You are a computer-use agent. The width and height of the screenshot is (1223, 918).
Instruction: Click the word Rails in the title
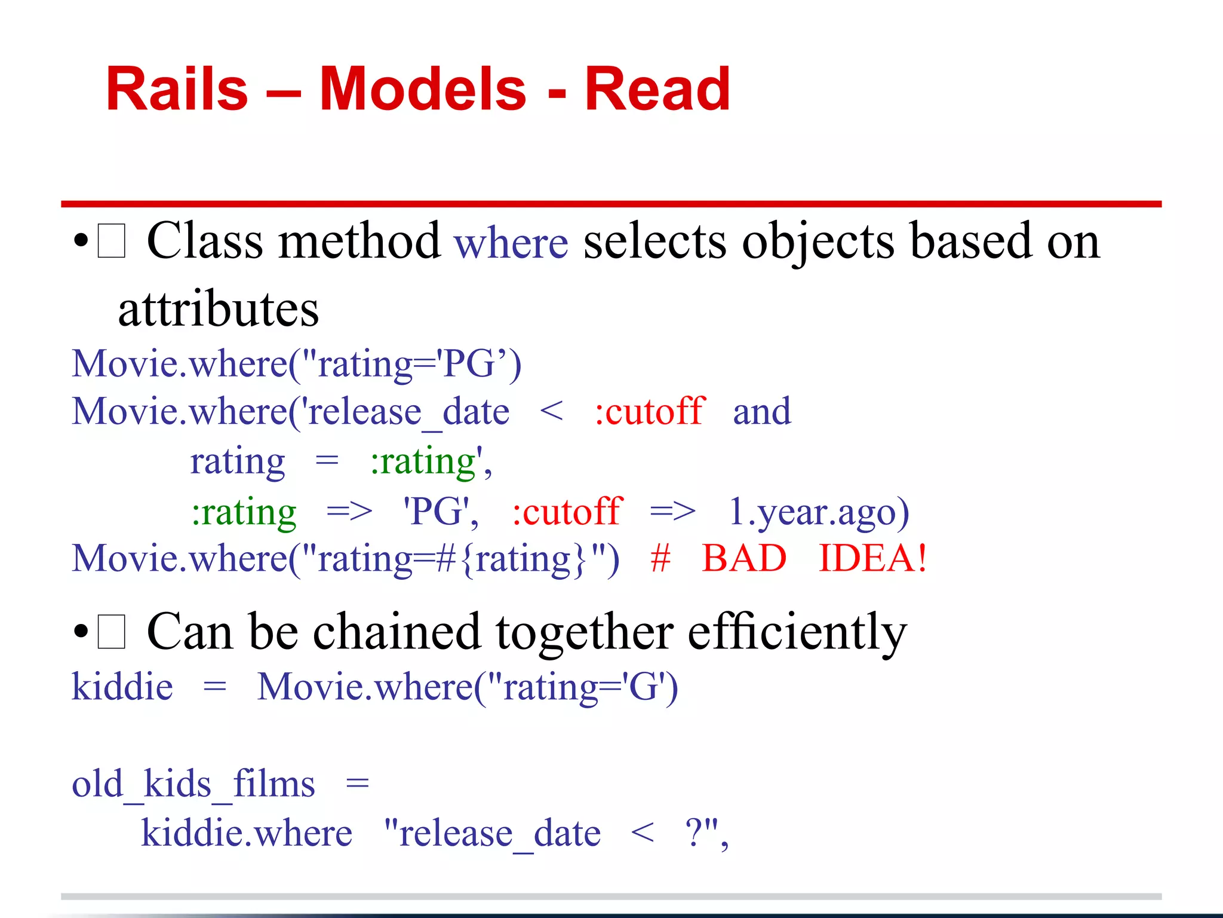click(x=177, y=90)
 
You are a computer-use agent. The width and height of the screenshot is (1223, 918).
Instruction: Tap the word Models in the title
click(x=423, y=90)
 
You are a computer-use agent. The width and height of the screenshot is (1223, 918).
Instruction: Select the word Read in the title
click(x=657, y=90)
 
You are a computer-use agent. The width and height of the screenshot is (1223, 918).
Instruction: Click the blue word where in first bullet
click(x=511, y=243)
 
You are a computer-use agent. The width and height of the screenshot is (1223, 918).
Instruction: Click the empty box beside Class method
click(x=112, y=241)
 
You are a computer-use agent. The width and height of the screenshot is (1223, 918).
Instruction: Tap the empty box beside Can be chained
click(x=112, y=632)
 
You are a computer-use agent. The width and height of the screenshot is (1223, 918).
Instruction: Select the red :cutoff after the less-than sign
click(x=650, y=411)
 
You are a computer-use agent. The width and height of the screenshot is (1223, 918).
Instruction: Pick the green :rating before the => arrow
click(x=244, y=512)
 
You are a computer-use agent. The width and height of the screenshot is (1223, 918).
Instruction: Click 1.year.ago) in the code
click(x=819, y=512)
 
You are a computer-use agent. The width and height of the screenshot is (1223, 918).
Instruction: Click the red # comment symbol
click(x=660, y=558)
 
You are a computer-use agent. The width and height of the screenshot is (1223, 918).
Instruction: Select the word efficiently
click(x=797, y=632)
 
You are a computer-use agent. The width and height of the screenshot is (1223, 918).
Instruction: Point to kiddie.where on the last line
click(x=247, y=833)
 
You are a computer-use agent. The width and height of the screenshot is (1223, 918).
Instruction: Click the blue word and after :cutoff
click(x=762, y=411)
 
